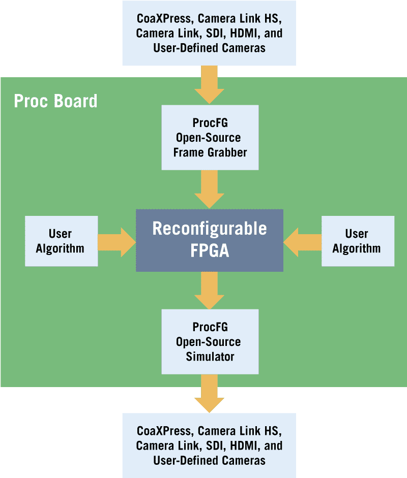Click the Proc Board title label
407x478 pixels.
pos(55,101)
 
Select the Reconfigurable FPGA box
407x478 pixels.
pos(209,240)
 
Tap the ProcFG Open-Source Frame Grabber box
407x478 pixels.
pos(210,137)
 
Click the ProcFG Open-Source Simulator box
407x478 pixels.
pos(210,341)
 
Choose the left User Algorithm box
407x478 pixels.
pos(61,241)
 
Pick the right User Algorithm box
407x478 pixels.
pos(357,241)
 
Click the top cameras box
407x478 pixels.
pos(209,34)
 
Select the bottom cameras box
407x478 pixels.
pos(209,445)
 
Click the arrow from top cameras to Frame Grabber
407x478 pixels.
pos(209,85)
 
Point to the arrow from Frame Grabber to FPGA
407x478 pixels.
pos(209,189)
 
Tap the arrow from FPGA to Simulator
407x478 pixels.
pos(209,291)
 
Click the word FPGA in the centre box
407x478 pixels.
pos(209,250)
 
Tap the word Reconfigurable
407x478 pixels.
pos(209,229)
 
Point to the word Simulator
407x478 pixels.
pos(210,357)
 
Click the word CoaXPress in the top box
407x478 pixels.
pos(164,19)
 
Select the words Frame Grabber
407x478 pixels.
pos(210,152)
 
